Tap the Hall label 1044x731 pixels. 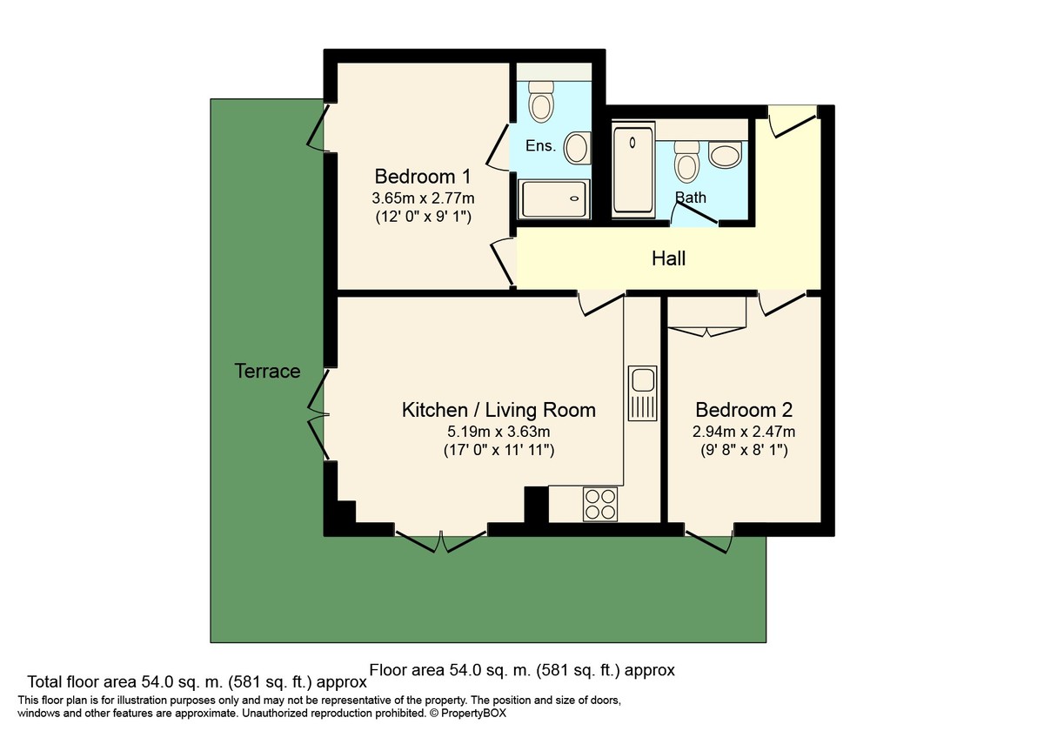pos(668,258)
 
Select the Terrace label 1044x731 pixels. pos(267,372)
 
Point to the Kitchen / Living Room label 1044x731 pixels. pos(499,410)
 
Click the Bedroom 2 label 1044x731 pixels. pos(744,410)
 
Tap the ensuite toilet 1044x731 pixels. pos(542,102)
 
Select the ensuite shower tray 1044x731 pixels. pos(554,199)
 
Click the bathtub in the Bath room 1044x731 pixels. pos(633,170)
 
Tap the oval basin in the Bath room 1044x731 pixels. pos(725,156)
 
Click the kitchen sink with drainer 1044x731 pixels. pos(642,392)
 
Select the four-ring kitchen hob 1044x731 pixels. pos(599,503)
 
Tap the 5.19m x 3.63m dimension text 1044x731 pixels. pos(499,432)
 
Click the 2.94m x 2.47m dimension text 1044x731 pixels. pos(744,432)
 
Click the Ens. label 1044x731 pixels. pos(540,145)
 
